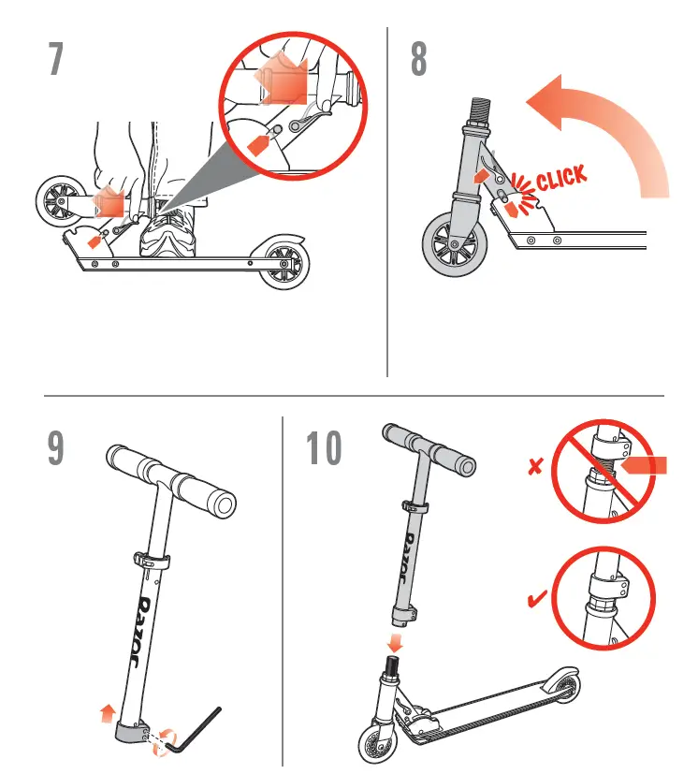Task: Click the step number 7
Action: coord(57,61)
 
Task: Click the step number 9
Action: coord(57,449)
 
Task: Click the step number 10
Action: coord(324,449)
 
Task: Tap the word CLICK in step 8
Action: coord(561,177)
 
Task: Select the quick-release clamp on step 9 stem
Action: coord(153,563)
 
